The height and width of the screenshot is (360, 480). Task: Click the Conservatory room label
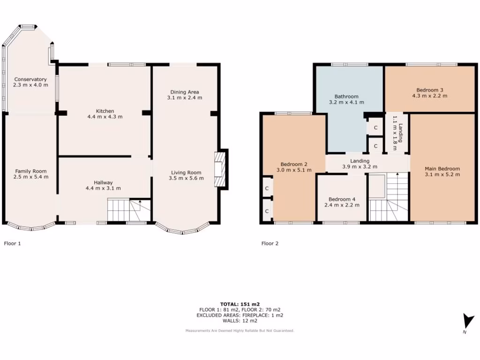pyautogui.click(x=30, y=79)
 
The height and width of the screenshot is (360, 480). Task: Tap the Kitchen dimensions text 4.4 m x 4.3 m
pyautogui.click(x=105, y=117)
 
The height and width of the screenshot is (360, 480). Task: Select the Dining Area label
pyautogui.click(x=185, y=92)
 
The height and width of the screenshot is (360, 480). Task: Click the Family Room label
pyautogui.click(x=30, y=171)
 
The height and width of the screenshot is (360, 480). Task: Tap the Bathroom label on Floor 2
pyautogui.click(x=346, y=96)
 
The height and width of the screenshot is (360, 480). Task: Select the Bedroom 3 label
pyautogui.click(x=430, y=90)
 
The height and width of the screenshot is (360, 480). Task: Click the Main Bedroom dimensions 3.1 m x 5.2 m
pyautogui.click(x=442, y=174)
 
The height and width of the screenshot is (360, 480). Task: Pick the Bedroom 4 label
pyautogui.click(x=342, y=198)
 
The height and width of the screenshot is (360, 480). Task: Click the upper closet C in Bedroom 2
pyautogui.click(x=267, y=188)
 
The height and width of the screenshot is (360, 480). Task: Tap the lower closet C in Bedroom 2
pyautogui.click(x=267, y=211)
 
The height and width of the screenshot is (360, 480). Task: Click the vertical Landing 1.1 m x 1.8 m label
pyautogui.click(x=397, y=133)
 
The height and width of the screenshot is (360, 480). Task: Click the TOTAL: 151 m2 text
pyautogui.click(x=240, y=304)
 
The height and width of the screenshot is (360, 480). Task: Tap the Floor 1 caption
pyautogui.click(x=12, y=243)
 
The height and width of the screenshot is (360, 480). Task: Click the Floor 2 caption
pyautogui.click(x=270, y=243)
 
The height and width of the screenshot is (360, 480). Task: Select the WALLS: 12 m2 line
pyautogui.click(x=240, y=321)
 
